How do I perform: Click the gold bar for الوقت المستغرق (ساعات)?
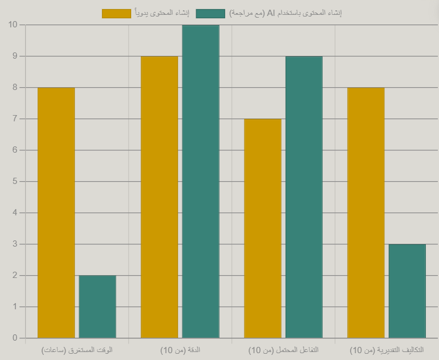[x=56, y=212]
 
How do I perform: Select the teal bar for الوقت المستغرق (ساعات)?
[x=97, y=306]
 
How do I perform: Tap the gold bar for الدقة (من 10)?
[x=159, y=197]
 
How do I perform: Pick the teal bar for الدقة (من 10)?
[x=201, y=181]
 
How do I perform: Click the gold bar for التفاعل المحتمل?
[x=262, y=228]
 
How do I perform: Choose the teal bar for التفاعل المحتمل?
[x=304, y=197]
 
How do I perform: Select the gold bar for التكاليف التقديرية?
[x=365, y=212]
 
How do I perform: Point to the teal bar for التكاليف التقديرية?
[x=407, y=291]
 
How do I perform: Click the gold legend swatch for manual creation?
[x=116, y=13]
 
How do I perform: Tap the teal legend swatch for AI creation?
[x=210, y=13]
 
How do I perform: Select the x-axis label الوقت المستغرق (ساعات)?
[x=77, y=350]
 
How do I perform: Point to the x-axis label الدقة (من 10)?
[x=180, y=350]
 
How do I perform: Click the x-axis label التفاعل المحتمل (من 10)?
[x=283, y=350]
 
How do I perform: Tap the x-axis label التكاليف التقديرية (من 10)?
[x=387, y=350]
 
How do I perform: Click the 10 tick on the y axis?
[x=13, y=24]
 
